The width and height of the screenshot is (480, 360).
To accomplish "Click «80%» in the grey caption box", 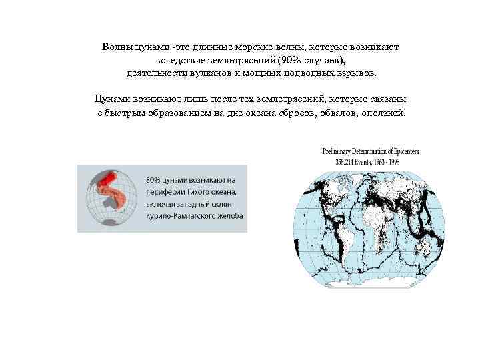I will coord(153,180).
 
